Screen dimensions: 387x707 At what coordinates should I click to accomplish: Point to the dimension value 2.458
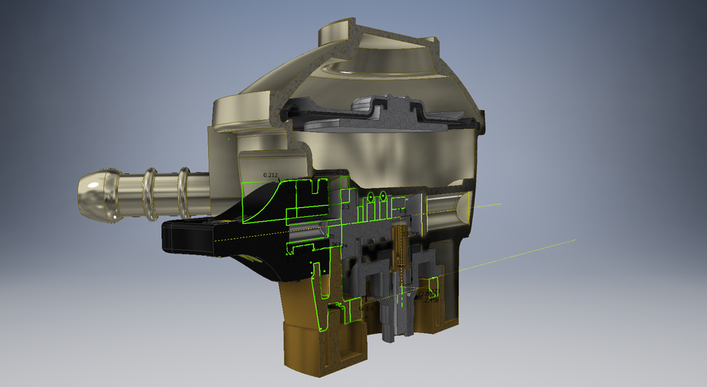coord(430,300)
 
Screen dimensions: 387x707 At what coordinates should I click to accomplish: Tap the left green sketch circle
coord(373,198)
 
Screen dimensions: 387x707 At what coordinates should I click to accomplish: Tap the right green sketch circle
coord(383,197)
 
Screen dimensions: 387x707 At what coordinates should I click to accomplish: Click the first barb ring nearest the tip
coord(150,195)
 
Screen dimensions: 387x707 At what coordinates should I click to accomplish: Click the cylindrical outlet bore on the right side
coord(446,209)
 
